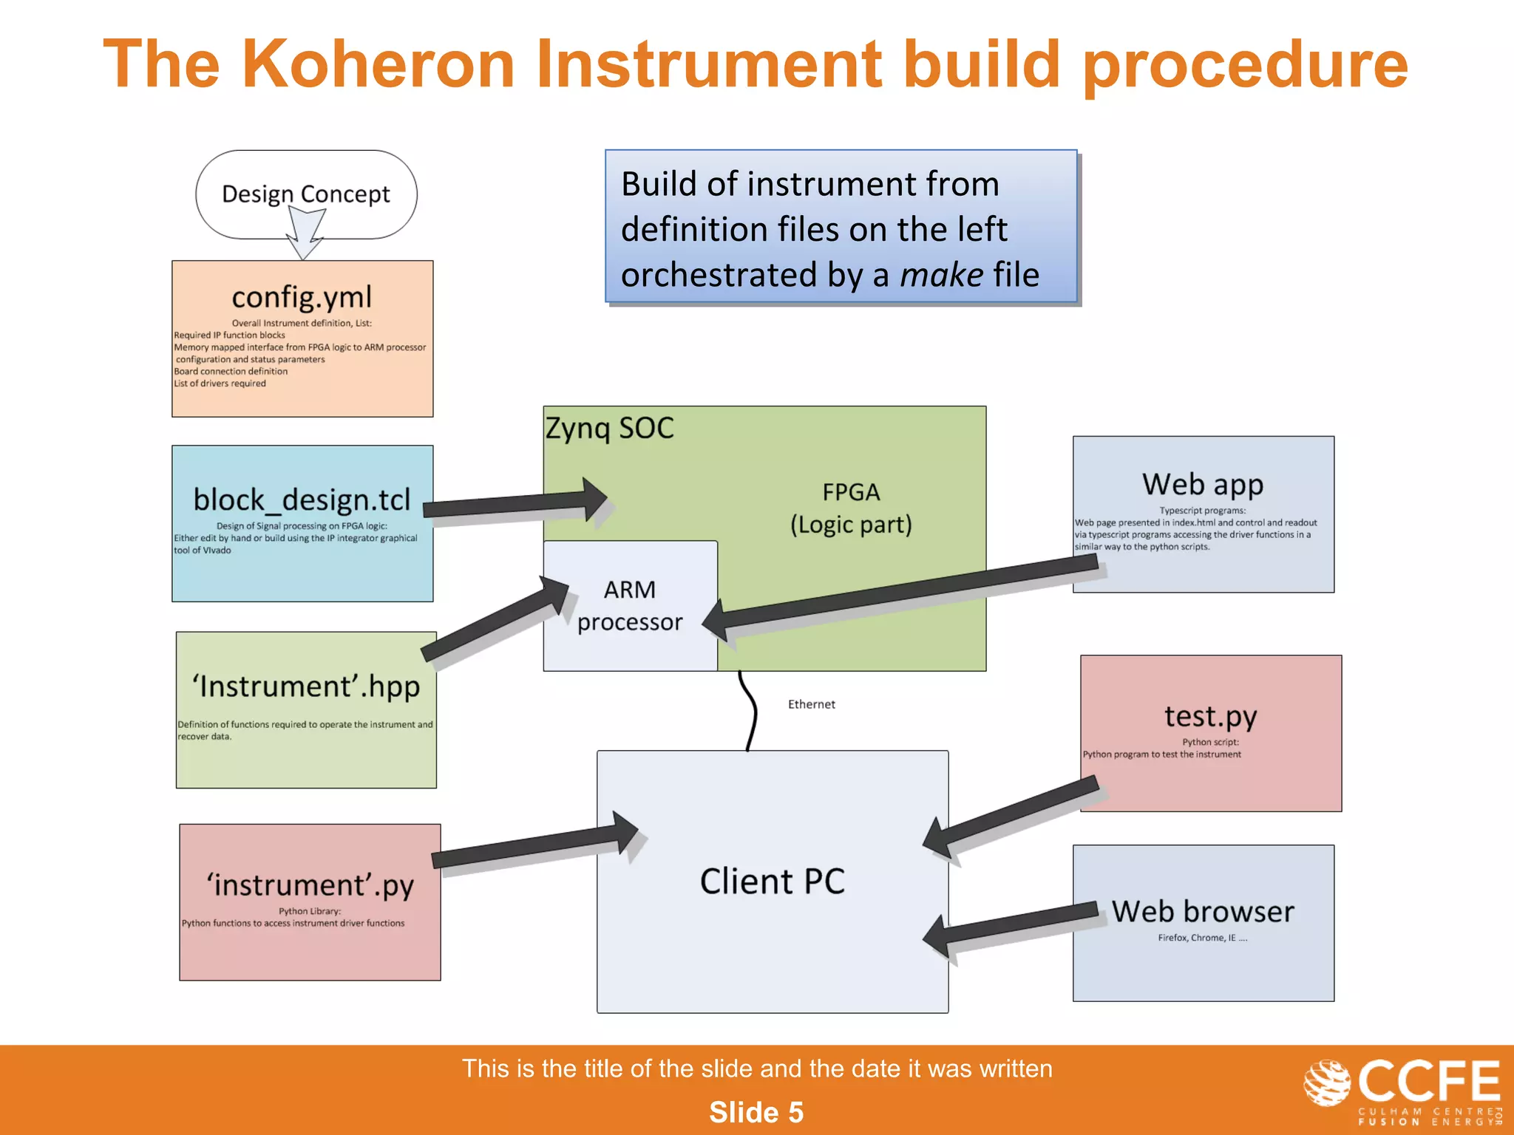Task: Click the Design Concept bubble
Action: [x=306, y=194]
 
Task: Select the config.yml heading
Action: [x=302, y=297]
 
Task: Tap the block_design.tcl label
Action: [x=302, y=500]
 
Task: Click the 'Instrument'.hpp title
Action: [x=306, y=686]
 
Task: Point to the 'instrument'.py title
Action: [x=310, y=885]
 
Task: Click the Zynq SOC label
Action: [x=610, y=429]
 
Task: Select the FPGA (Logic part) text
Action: [x=851, y=508]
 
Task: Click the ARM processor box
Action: [x=630, y=606]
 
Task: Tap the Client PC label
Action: [x=772, y=881]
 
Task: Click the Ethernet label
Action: [x=811, y=704]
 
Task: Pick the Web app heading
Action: [x=1203, y=485]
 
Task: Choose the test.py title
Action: [x=1210, y=716]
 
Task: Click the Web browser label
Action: [x=1203, y=911]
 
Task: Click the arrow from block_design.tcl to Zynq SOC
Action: [x=517, y=503]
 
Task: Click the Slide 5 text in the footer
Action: [x=756, y=1112]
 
